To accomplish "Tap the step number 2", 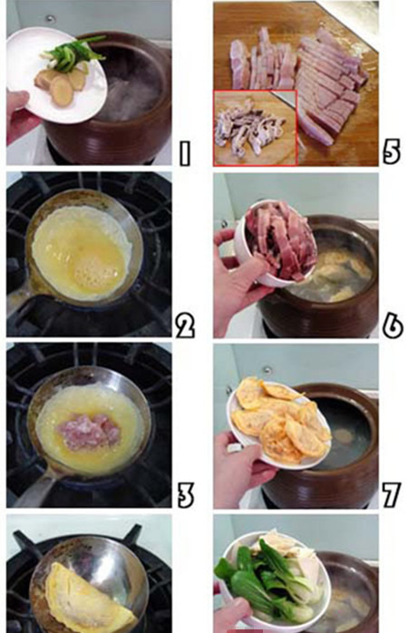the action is coord(185,326).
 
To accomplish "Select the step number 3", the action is coord(186,494).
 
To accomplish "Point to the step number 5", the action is coord(391,151).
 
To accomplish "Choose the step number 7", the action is coord(391,494).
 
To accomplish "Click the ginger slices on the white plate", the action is coord(62,83).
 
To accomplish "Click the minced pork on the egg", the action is coord(89,431).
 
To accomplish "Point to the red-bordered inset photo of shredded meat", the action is coord(255,128).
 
